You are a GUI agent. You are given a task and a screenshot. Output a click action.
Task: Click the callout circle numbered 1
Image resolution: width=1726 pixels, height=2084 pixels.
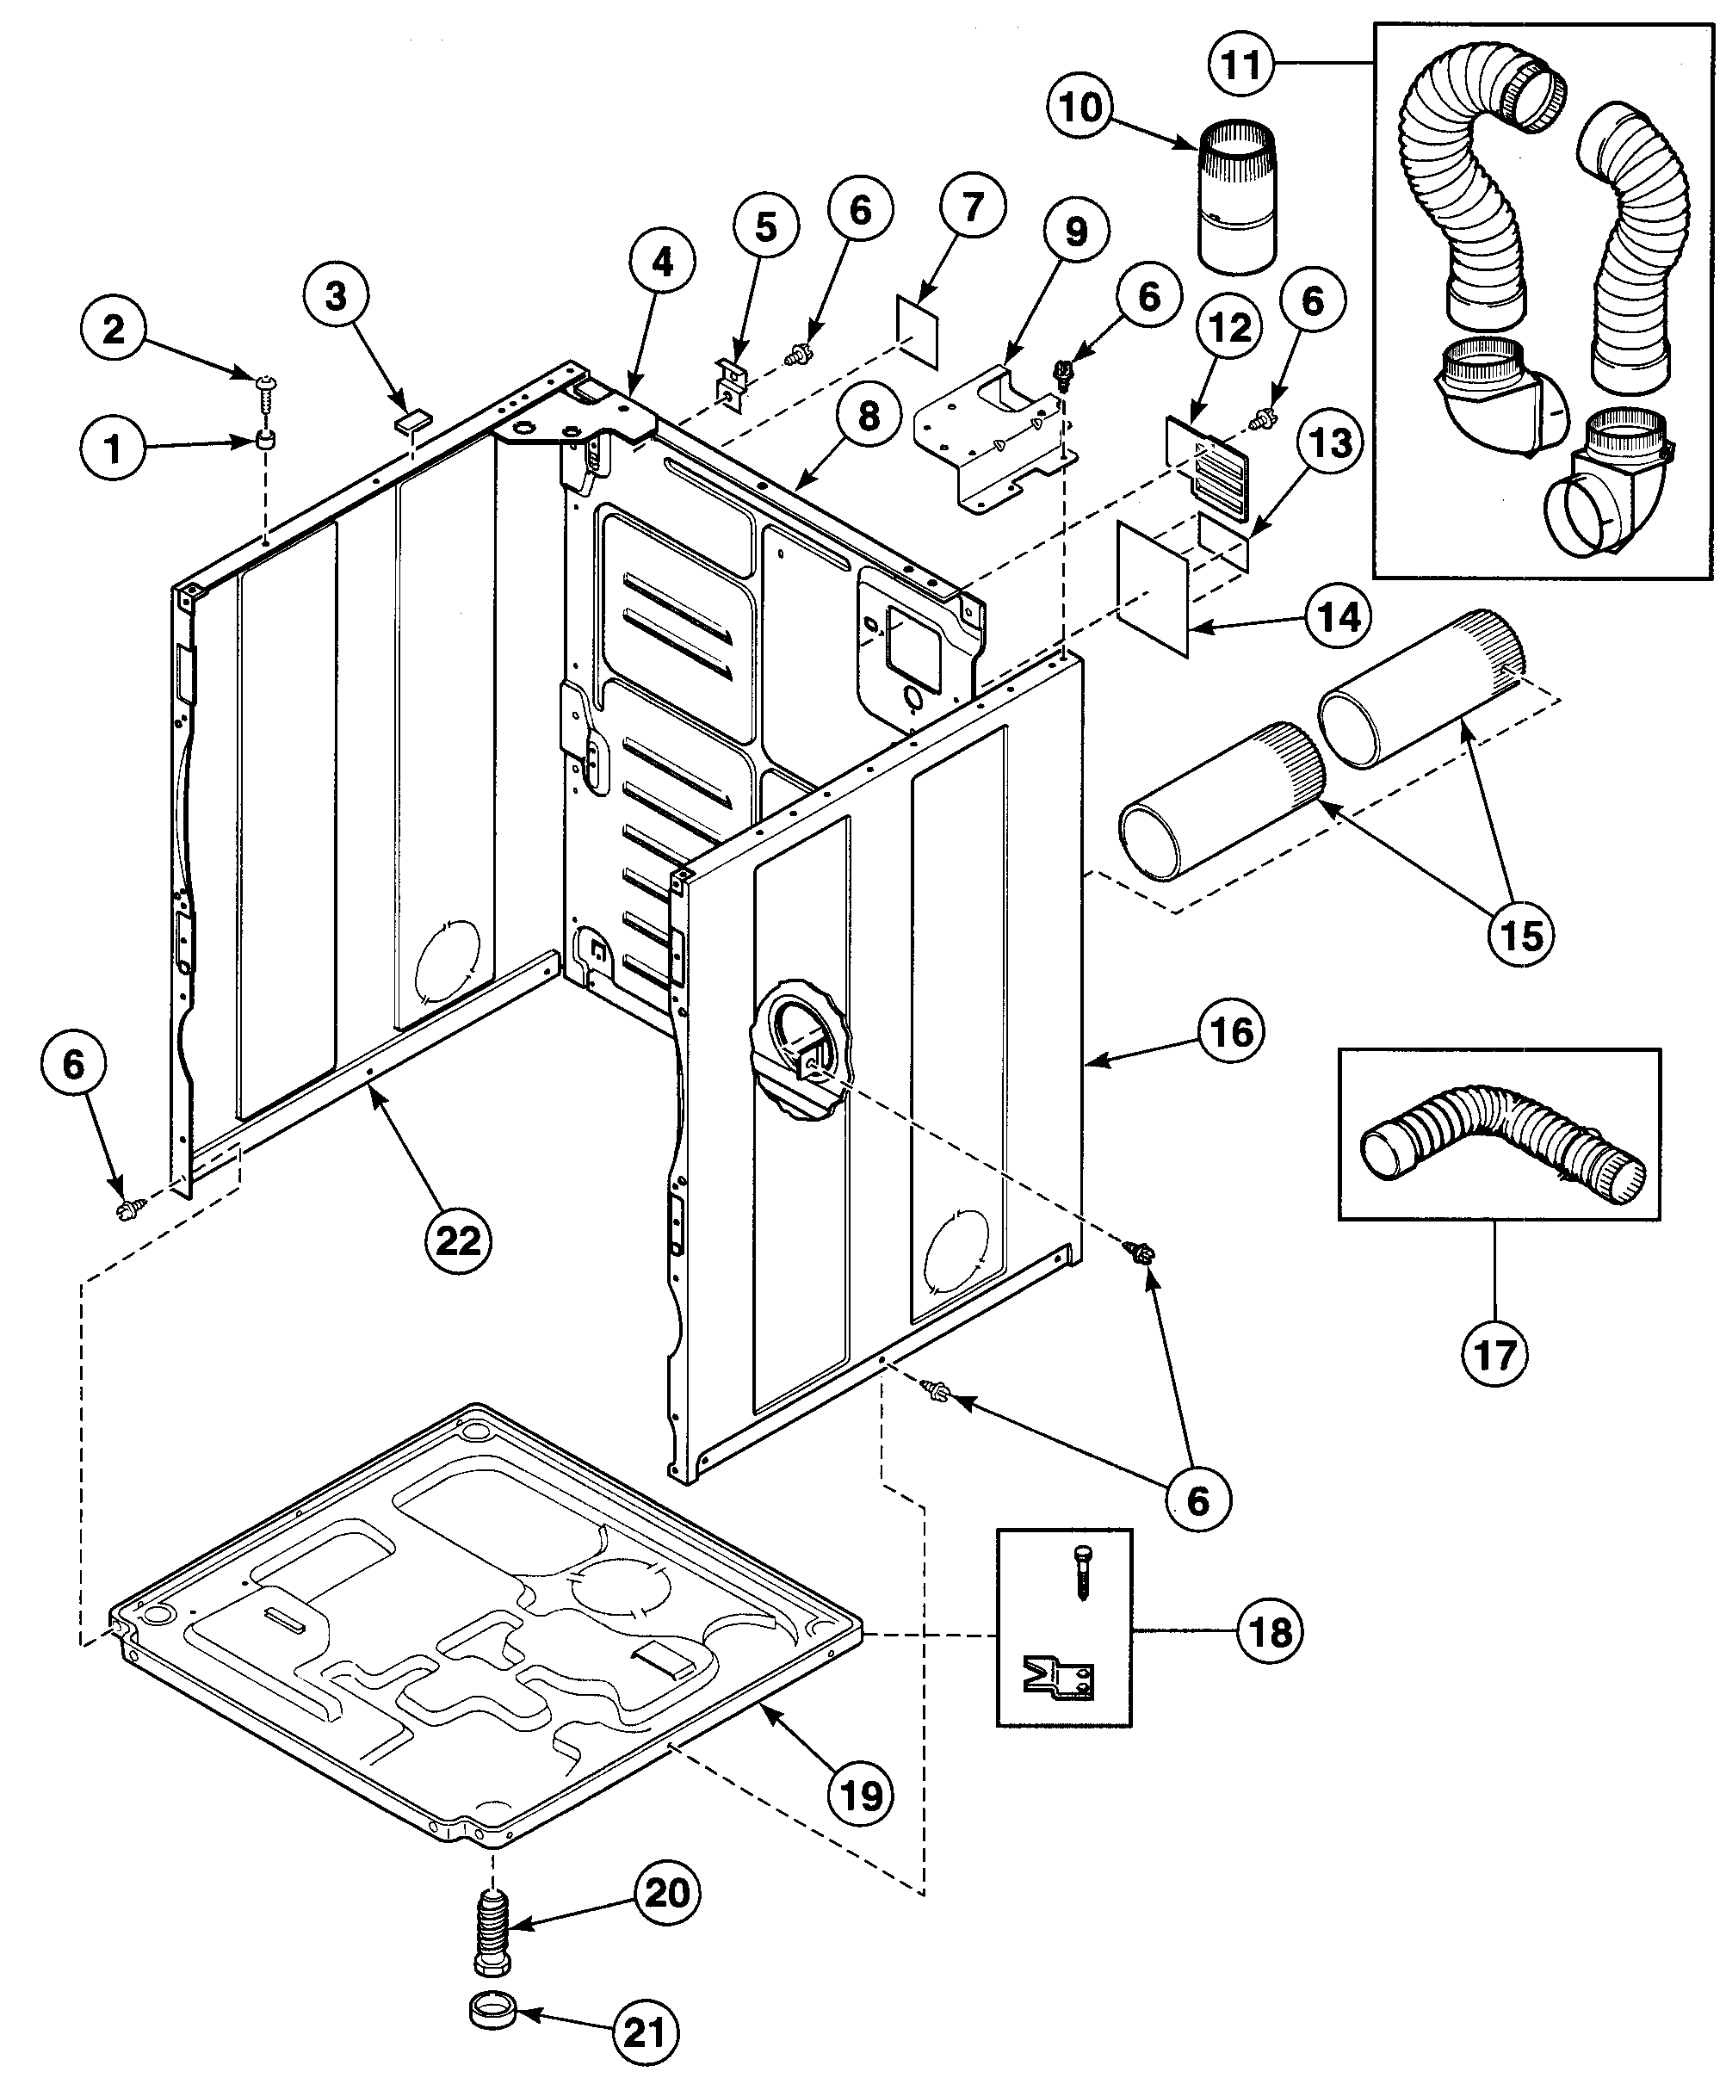(x=113, y=448)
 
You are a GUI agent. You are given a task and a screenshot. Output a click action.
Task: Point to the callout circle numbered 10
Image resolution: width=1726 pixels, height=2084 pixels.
(x=1081, y=106)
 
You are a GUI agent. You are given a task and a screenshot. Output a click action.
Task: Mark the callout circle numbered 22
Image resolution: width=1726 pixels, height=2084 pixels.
(x=458, y=1240)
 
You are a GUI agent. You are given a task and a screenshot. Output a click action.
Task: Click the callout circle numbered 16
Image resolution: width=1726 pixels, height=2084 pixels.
(x=1233, y=1033)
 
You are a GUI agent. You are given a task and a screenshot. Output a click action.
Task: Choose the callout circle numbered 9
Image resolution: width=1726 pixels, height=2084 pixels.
(x=1076, y=232)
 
